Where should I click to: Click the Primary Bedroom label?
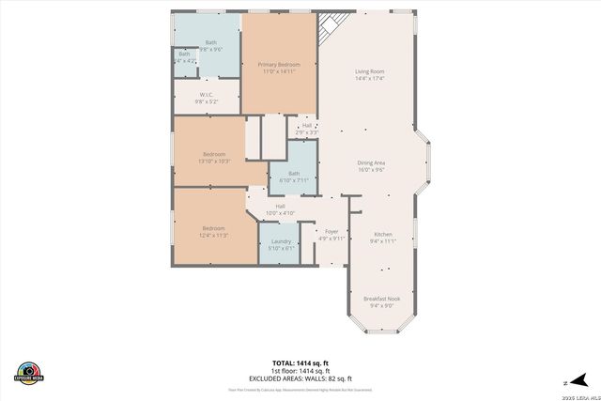[x=280, y=67]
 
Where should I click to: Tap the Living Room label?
[x=369, y=74]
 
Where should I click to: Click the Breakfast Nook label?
[x=381, y=301]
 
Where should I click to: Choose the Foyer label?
[x=331, y=234]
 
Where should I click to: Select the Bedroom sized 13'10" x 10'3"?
[x=214, y=158]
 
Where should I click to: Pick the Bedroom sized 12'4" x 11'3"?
[x=214, y=231]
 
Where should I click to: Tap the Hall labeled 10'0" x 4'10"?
[x=280, y=209]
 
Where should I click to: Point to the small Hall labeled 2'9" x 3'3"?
[x=307, y=129]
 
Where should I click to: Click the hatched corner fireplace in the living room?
[x=330, y=27]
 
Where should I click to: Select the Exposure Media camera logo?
[x=29, y=371]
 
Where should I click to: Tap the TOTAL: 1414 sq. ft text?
[x=300, y=362]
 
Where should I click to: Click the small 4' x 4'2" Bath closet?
[x=184, y=58]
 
